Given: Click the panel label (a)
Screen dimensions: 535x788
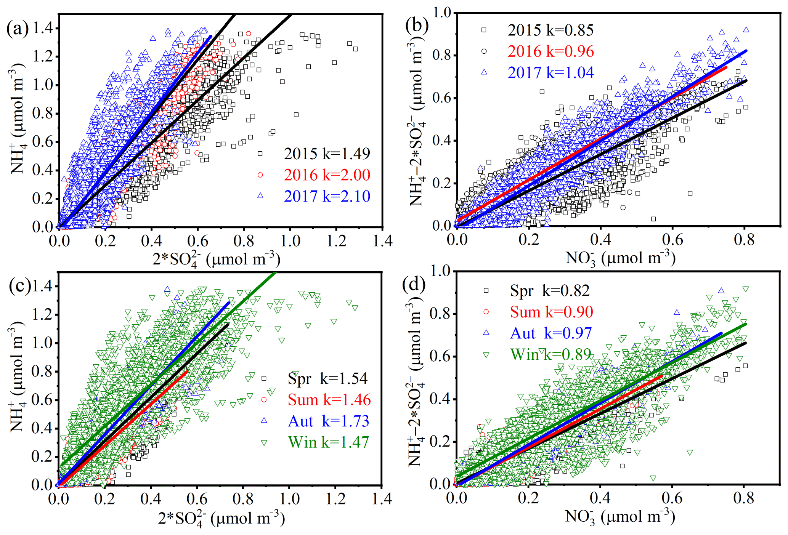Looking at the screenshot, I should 18,29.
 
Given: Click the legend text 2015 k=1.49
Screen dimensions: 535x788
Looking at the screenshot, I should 327,154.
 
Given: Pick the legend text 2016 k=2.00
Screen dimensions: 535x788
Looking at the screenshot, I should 327,175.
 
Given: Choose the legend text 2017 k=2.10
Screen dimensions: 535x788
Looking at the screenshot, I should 327,196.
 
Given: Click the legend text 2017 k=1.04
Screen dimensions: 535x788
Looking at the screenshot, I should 550,73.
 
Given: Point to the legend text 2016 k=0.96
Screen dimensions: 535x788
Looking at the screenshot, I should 550,51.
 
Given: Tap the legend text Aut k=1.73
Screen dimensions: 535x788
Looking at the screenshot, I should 328,421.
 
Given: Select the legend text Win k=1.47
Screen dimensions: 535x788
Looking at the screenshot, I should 328,442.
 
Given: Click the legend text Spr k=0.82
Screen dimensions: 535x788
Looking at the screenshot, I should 550,291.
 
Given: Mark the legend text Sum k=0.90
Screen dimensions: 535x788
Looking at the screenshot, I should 551,312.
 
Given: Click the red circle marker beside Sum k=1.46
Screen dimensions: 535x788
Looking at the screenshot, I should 263,400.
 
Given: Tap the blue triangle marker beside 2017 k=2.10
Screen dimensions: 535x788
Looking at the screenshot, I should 260,196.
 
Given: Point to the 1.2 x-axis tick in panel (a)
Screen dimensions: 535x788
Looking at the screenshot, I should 336,241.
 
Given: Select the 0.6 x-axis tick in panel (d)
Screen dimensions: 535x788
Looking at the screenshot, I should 672,498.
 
